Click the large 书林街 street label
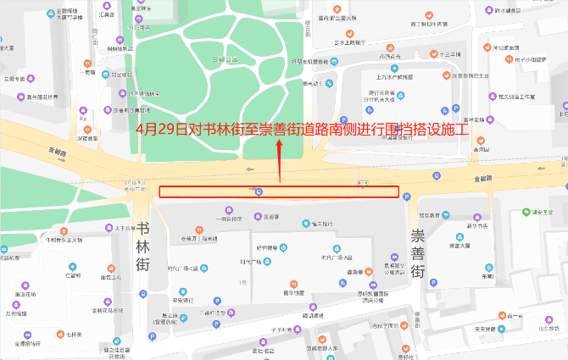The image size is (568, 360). click(142, 246)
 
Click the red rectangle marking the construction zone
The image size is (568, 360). click(279, 191)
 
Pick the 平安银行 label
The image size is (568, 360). click(183, 300)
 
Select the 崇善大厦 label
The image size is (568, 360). click(461, 246)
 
